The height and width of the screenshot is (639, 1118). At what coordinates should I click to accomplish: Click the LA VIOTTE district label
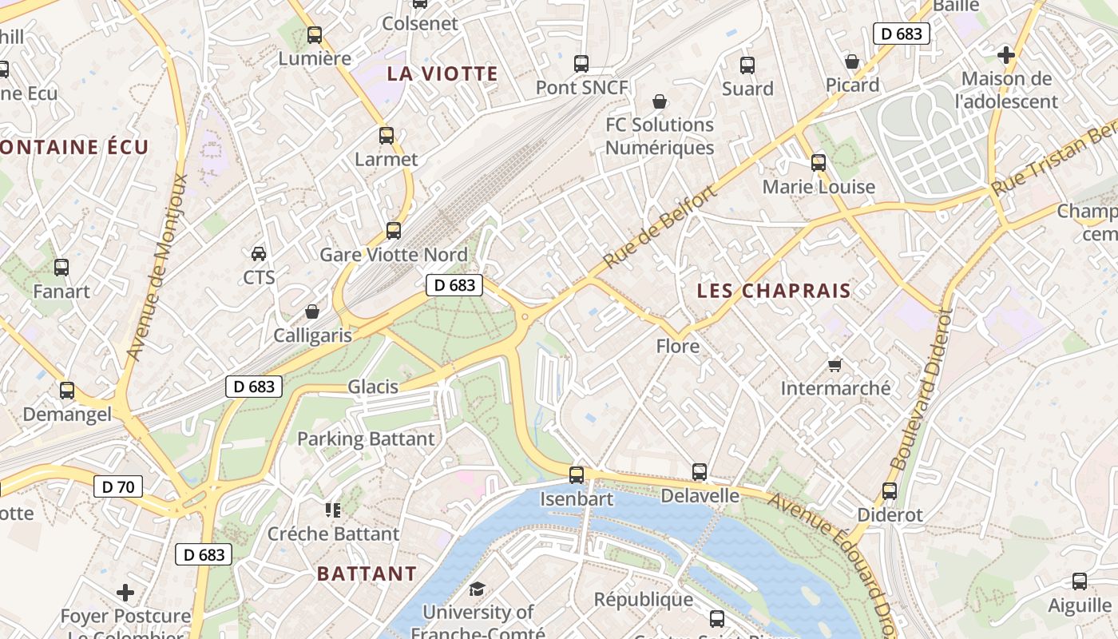coord(442,74)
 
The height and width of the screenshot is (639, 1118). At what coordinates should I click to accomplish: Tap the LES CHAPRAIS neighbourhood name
coord(774,291)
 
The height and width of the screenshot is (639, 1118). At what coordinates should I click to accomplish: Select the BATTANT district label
coord(367,574)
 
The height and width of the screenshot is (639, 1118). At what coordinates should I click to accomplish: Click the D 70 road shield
coord(118,486)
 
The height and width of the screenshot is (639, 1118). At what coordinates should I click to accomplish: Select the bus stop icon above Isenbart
coord(577,475)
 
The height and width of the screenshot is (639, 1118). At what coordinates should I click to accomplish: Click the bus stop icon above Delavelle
coord(700,472)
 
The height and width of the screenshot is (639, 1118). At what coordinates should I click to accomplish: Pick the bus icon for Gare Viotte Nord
coord(393,231)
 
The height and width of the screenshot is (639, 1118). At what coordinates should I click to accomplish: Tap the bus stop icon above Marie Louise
coord(819,163)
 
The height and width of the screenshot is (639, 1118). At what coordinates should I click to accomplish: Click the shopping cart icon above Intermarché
coord(835,365)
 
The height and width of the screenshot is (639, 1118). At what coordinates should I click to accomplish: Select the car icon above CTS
coord(259,254)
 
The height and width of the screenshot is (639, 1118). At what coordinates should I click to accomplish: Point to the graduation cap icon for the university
coord(477,589)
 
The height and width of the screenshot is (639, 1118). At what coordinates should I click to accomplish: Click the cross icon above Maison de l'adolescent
coord(1006,55)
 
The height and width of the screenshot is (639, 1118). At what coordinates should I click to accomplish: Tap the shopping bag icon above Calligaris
coord(312,312)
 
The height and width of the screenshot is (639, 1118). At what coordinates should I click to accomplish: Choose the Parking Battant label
coord(366,439)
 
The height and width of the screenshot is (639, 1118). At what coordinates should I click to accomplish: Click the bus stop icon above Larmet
coord(387,136)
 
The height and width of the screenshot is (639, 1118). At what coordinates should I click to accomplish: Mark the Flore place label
coord(677,347)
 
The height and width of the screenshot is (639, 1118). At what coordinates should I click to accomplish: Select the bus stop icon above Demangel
coord(67,391)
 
